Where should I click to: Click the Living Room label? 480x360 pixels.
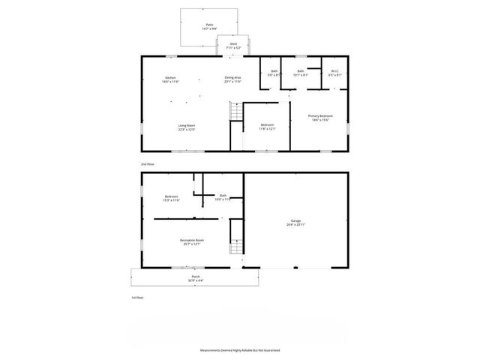click(187, 127)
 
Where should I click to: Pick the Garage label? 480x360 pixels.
click(296, 221)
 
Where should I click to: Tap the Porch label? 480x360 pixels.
click(195, 277)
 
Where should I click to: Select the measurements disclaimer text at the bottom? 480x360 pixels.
click(239, 350)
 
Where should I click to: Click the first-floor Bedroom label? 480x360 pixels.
click(171, 197)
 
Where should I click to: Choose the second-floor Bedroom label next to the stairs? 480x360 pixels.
click(268, 126)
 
